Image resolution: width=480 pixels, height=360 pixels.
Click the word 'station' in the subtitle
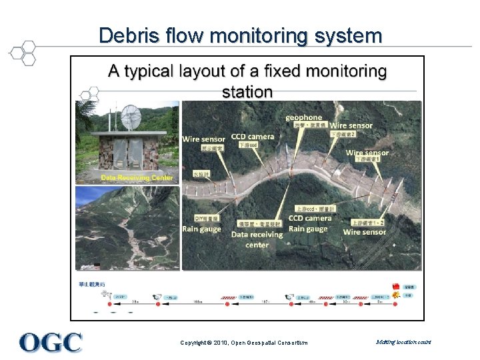[x=247, y=91]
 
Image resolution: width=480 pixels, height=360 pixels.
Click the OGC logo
[x=51, y=343]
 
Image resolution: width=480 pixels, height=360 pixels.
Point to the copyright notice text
[x=244, y=343]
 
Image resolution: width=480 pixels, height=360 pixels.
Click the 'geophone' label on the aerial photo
[x=303, y=117]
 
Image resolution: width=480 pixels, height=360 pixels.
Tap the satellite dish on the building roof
[x=130, y=117]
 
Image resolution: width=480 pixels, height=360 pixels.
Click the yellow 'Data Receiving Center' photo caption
[x=137, y=178]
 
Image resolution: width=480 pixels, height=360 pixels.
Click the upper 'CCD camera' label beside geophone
[x=253, y=137]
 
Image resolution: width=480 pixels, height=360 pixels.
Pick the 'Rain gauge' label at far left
[x=201, y=229]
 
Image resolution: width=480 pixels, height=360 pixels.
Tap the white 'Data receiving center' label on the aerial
[x=257, y=239]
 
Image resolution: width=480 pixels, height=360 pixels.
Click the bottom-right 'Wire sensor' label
[x=365, y=232]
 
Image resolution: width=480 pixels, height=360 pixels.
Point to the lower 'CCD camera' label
[x=310, y=218]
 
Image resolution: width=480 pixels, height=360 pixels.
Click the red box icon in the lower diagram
[x=396, y=285]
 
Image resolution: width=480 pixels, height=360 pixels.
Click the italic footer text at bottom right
[x=403, y=342]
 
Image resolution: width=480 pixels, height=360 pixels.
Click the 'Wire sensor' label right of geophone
[x=351, y=125]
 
